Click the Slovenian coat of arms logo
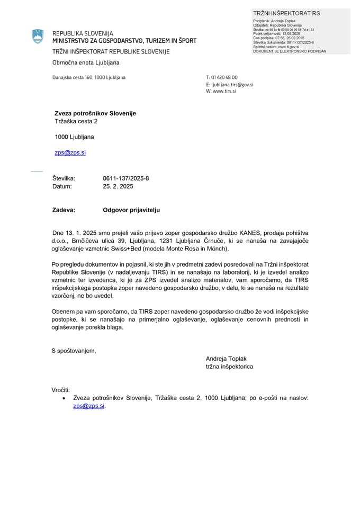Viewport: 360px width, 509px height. (38, 37)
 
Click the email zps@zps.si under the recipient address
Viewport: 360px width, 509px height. (70, 152)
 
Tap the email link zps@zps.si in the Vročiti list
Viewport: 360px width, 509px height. (89, 406)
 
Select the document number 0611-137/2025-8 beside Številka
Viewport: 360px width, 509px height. (126, 178)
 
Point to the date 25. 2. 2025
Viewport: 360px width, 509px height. (118, 186)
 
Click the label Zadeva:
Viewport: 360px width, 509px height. (64, 210)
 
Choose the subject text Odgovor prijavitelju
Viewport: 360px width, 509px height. (131, 210)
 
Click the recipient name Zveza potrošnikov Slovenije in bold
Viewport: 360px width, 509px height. (95, 113)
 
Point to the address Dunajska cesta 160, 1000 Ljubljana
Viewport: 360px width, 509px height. (89, 77)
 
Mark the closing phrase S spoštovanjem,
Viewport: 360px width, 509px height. (74, 350)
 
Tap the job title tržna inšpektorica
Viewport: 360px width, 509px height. (229, 367)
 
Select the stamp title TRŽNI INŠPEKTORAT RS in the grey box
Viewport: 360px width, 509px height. (286, 13)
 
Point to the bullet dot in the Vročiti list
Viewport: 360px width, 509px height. (64, 398)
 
